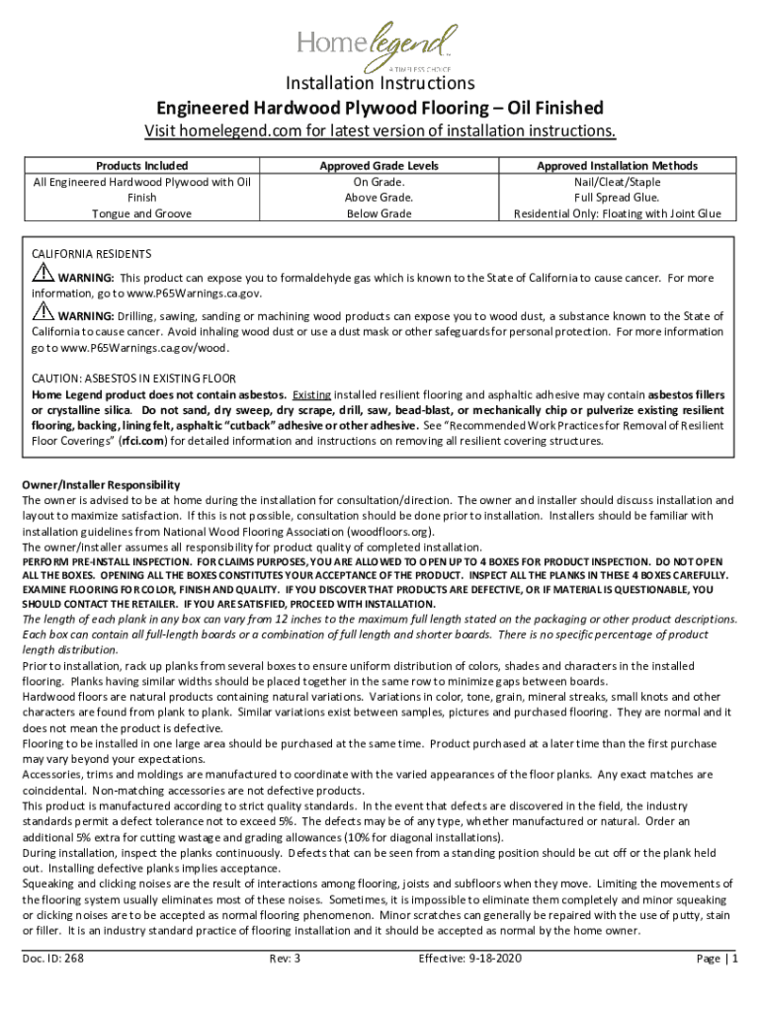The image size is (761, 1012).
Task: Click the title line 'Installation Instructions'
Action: point(380,83)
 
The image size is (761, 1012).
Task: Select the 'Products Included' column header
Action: point(141,166)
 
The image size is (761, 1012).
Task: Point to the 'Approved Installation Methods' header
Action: point(617,166)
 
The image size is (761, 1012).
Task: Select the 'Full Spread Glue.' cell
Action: point(617,198)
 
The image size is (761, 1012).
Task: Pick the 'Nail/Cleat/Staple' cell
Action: point(617,182)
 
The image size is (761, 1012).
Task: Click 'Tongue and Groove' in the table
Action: point(141,213)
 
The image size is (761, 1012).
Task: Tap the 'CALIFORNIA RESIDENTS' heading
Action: point(91,254)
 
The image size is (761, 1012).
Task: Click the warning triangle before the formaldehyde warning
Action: point(42,275)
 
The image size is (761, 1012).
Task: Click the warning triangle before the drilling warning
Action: point(42,313)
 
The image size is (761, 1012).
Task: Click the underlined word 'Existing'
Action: point(311,394)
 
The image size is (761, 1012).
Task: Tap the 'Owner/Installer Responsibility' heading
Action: point(101,485)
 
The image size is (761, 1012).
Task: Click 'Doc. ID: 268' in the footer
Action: point(54,959)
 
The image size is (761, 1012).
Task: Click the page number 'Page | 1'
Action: point(718,959)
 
